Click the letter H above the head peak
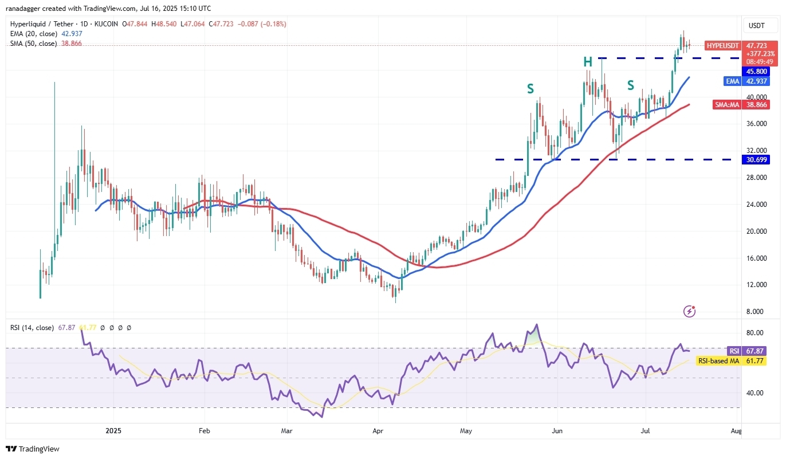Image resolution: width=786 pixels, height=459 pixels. pyautogui.click(x=588, y=62)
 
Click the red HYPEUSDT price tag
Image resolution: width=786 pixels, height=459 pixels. pyautogui.click(x=722, y=45)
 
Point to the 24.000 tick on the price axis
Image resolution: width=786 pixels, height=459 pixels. pyautogui.click(x=753, y=205)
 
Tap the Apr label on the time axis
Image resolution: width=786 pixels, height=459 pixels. pyautogui.click(x=378, y=430)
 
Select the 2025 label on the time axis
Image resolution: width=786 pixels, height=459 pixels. pyautogui.click(x=113, y=430)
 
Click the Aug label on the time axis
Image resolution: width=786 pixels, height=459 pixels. pyautogui.click(x=736, y=430)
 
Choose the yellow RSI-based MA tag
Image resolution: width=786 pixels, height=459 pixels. pyautogui.click(x=718, y=360)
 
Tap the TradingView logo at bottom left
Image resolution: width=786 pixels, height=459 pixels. pyautogui.click(x=33, y=449)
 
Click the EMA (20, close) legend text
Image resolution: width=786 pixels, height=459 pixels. pyautogui.click(x=33, y=34)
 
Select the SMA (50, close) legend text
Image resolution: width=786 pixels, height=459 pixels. pyautogui.click(x=33, y=44)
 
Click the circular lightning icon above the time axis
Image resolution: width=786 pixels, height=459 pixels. pyautogui.click(x=690, y=311)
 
